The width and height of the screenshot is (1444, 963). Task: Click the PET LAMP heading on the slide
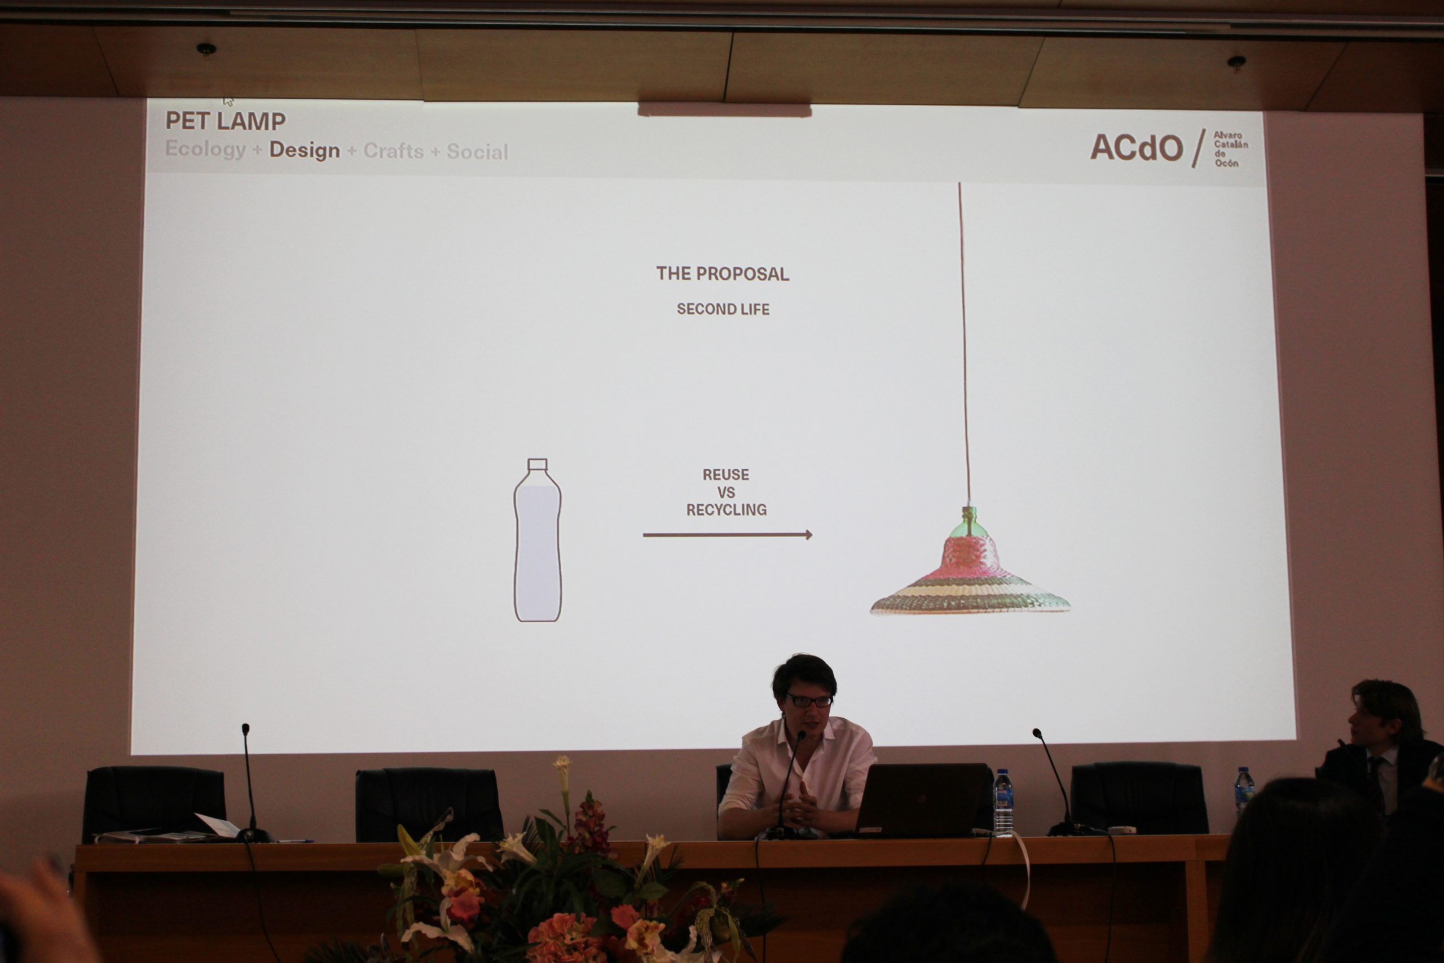pyautogui.click(x=225, y=121)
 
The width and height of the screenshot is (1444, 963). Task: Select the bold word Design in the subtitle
pyautogui.click(x=305, y=150)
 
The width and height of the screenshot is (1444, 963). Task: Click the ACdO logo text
pyautogui.click(x=1137, y=148)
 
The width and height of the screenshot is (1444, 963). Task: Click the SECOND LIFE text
pyautogui.click(x=723, y=310)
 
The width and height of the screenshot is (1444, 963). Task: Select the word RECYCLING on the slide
pyautogui.click(x=727, y=510)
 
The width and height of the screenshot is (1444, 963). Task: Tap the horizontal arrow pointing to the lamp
pyautogui.click(x=728, y=535)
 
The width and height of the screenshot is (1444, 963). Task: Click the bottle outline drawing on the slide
pyautogui.click(x=537, y=540)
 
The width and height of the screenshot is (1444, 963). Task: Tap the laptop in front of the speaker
pyautogui.click(x=921, y=799)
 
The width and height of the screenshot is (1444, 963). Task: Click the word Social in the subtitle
pyautogui.click(x=477, y=152)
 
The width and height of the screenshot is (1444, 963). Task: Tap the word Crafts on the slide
pyautogui.click(x=394, y=151)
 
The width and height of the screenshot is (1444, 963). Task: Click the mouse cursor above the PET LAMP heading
pyautogui.click(x=228, y=102)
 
